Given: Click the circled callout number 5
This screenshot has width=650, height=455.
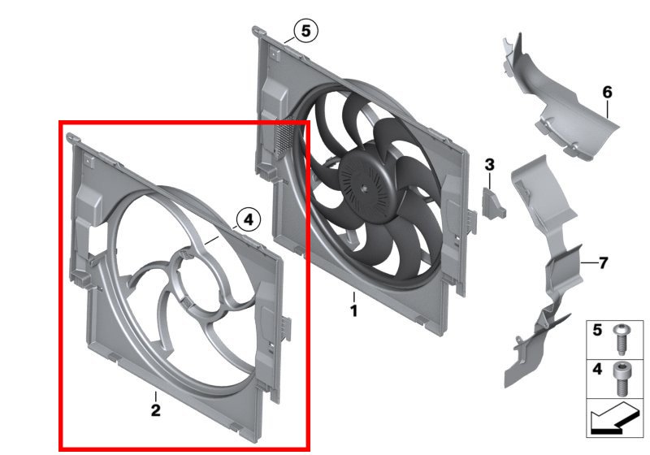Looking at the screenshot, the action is [x=306, y=31].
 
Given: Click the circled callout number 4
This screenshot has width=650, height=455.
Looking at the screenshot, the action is [x=249, y=219].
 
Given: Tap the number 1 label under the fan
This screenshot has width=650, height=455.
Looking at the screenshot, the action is [x=353, y=311].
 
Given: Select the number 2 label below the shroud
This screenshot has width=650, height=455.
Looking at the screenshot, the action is [x=155, y=410].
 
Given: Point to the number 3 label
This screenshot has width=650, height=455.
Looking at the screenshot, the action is [x=490, y=164].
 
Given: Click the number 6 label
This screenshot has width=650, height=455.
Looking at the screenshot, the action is [x=607, y=92].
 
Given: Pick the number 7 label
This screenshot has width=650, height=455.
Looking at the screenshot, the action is [x=603, y=262].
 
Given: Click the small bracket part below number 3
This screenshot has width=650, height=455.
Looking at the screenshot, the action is [x=493, y=202].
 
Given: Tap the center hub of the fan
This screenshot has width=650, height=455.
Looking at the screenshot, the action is [x=363, y=188].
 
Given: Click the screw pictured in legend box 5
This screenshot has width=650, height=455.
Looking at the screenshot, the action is [x=620, y=340].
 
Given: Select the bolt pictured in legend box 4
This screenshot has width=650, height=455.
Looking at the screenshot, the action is [x=621, y=379].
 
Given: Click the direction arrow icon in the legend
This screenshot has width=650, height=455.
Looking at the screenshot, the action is [x=614, y=418].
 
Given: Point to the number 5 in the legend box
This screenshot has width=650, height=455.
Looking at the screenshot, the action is [x=597, y=330].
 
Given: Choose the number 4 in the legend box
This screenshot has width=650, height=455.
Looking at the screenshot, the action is [x=597, y=369].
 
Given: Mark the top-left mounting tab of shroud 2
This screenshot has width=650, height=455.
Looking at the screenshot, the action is [x=72, y=137].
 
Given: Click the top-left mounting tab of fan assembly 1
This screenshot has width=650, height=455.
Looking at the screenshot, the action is [x=258, y=31].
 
